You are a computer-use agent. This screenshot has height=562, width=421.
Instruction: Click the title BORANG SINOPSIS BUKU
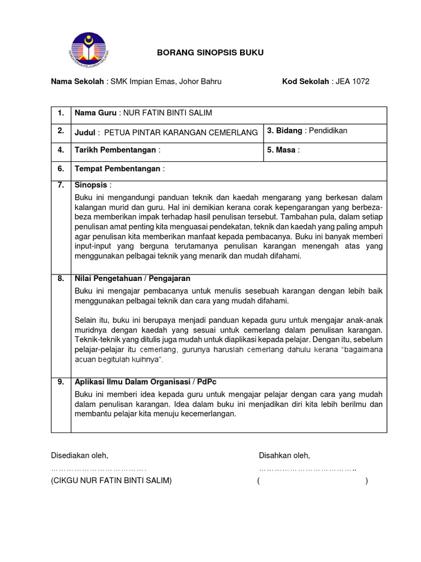[x=210, y=53]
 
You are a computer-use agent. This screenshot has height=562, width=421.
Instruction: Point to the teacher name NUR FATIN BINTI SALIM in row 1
[x=167, y=113]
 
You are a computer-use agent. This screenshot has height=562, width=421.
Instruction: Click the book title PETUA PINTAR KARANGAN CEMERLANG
[x=181, y=133]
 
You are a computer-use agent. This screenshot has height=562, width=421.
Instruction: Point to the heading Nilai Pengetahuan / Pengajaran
[x=132, y=279]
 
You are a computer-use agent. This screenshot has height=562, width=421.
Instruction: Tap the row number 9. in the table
[x=61, y=382]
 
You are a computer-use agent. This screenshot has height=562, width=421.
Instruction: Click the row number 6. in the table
[x=61, y=169]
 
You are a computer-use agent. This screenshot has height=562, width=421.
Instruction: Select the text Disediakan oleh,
[x=79, y=456]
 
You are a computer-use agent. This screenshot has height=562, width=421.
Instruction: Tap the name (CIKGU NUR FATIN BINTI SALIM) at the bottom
[x=111, y=481]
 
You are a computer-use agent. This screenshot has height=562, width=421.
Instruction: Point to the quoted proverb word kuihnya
[x=143, y=359]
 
